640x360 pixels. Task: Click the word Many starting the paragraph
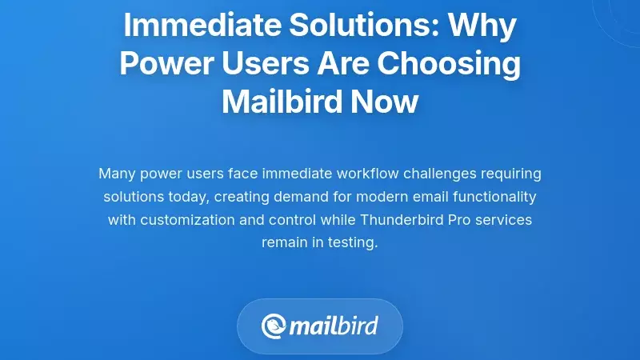(117, 173)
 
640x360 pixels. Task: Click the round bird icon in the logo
(274, 326)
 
